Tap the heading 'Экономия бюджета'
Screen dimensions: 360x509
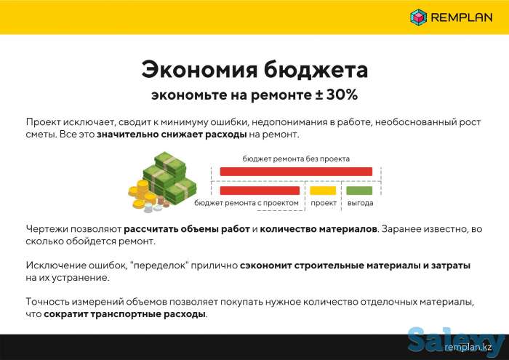pyautogui.click(x=254, y=70)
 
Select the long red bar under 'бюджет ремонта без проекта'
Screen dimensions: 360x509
pyautogui.click(x=296, y=172)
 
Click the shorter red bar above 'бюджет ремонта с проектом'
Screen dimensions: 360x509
pyautogui.click(x=259, y=191)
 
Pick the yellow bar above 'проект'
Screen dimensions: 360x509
pyautogui.click(x=323, y=191)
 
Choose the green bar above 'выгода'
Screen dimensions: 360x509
pyautogui.click(x=359, y=191)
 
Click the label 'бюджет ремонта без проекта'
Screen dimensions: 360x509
pyautogui.click(x=296, y=158)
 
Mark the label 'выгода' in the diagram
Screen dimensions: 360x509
pyautogui.click(x=360, y=203)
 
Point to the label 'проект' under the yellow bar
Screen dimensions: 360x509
pyautogui.click(x=324, y=203)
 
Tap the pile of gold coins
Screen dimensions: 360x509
pyautogui.click(x=140, y=196)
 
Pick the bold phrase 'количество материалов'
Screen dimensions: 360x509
pyautogui.click(x=318, y=229)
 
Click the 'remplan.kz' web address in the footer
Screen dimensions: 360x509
pyautogui.click(x=469, y=348)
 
